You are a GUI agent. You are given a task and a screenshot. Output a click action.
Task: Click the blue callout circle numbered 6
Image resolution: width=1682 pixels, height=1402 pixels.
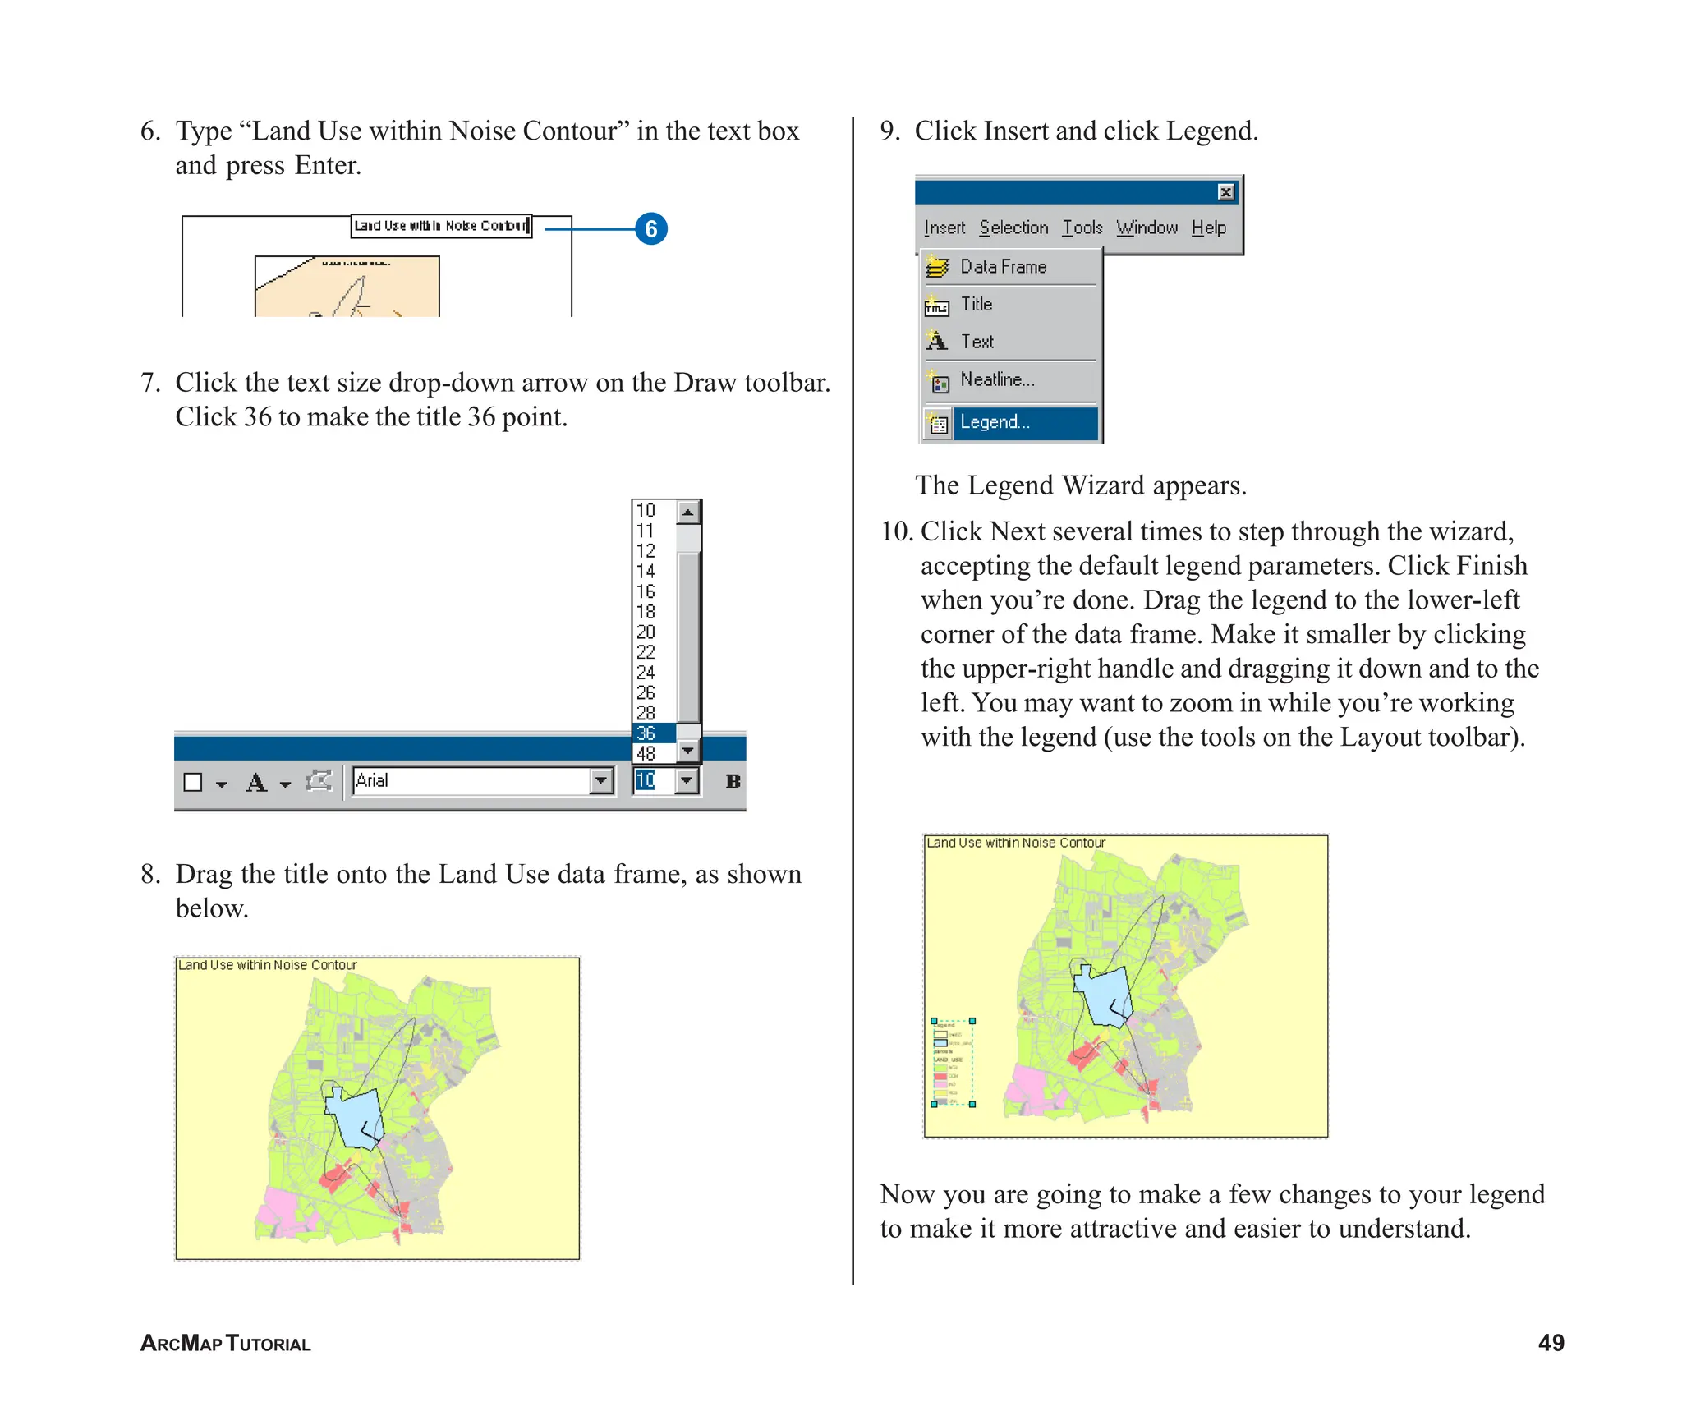point(650,228)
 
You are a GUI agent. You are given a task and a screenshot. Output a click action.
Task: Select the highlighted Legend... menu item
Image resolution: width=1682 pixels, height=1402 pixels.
point(1010,422)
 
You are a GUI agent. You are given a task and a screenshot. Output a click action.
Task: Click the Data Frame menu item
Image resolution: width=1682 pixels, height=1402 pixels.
point(1003,267)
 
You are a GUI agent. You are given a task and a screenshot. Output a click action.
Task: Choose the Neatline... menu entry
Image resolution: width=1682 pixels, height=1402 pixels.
point(996,379)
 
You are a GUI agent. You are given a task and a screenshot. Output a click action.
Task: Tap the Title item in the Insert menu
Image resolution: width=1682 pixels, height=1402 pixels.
point(977,304)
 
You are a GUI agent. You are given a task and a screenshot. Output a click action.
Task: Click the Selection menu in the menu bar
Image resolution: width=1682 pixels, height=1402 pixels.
point(1013,228)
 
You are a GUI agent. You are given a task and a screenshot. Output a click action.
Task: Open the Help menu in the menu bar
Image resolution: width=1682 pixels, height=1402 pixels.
point(1208,228)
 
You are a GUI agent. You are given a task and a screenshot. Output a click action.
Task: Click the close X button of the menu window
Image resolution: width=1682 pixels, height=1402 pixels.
point(1225,192)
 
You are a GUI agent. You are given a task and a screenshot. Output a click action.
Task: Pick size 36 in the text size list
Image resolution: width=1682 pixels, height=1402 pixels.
point(646,733)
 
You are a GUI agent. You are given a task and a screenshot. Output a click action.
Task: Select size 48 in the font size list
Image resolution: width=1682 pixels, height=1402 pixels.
point(646,753)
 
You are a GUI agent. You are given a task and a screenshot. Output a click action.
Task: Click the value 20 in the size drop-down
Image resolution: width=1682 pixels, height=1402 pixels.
point(646,632)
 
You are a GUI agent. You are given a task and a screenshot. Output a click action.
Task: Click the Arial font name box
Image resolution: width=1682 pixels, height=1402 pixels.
point(470,780)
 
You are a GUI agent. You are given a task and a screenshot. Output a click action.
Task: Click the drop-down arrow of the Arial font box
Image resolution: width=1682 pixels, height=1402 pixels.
point(602,780)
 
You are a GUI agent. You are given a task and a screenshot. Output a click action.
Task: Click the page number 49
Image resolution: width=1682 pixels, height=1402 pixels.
point(1551,1343)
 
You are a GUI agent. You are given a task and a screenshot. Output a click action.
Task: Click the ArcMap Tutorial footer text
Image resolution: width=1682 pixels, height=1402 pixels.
point(225,1343)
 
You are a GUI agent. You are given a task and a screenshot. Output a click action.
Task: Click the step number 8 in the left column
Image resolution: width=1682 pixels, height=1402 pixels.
point(149,874)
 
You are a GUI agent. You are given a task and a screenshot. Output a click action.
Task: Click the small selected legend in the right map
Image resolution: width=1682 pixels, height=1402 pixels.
point(953,1063)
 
